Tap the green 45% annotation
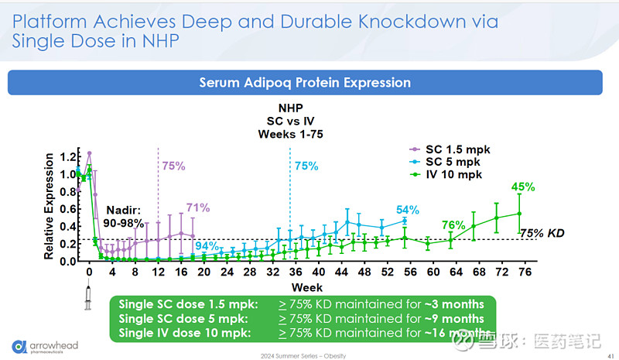523,187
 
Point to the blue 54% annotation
408,210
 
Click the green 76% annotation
453,225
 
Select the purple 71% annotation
198,207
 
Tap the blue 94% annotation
207,247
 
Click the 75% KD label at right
542,232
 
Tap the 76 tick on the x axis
524,273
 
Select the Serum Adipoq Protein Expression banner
305,82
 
